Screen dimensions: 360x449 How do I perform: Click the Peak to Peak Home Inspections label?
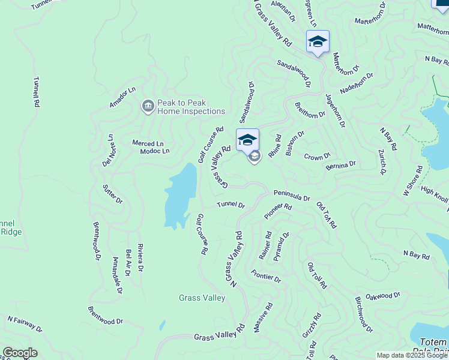click(x=191, y=107)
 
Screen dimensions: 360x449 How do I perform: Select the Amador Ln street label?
click(x=123, y=97)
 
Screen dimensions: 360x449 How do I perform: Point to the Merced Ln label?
click(x=148, y=143)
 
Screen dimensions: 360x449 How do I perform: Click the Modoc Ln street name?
click(x=154, y=151)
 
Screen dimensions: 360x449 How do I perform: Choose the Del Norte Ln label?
click(x=109, y=150)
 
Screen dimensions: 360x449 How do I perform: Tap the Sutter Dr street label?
click(x=112, y=193)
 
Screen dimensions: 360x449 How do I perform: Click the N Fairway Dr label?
click(x=25, y=325)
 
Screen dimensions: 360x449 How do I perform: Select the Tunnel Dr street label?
click(x=231, y=205)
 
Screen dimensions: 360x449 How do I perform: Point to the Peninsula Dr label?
click(x=292, y=197)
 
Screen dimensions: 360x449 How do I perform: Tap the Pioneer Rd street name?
click(x=278, y=211)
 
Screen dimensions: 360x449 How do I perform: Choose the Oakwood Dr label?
click(x=382, y=295)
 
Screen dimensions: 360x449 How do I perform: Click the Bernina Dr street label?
click(x=341, y=164)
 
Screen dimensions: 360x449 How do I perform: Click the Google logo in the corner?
click(x=20, y=353)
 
